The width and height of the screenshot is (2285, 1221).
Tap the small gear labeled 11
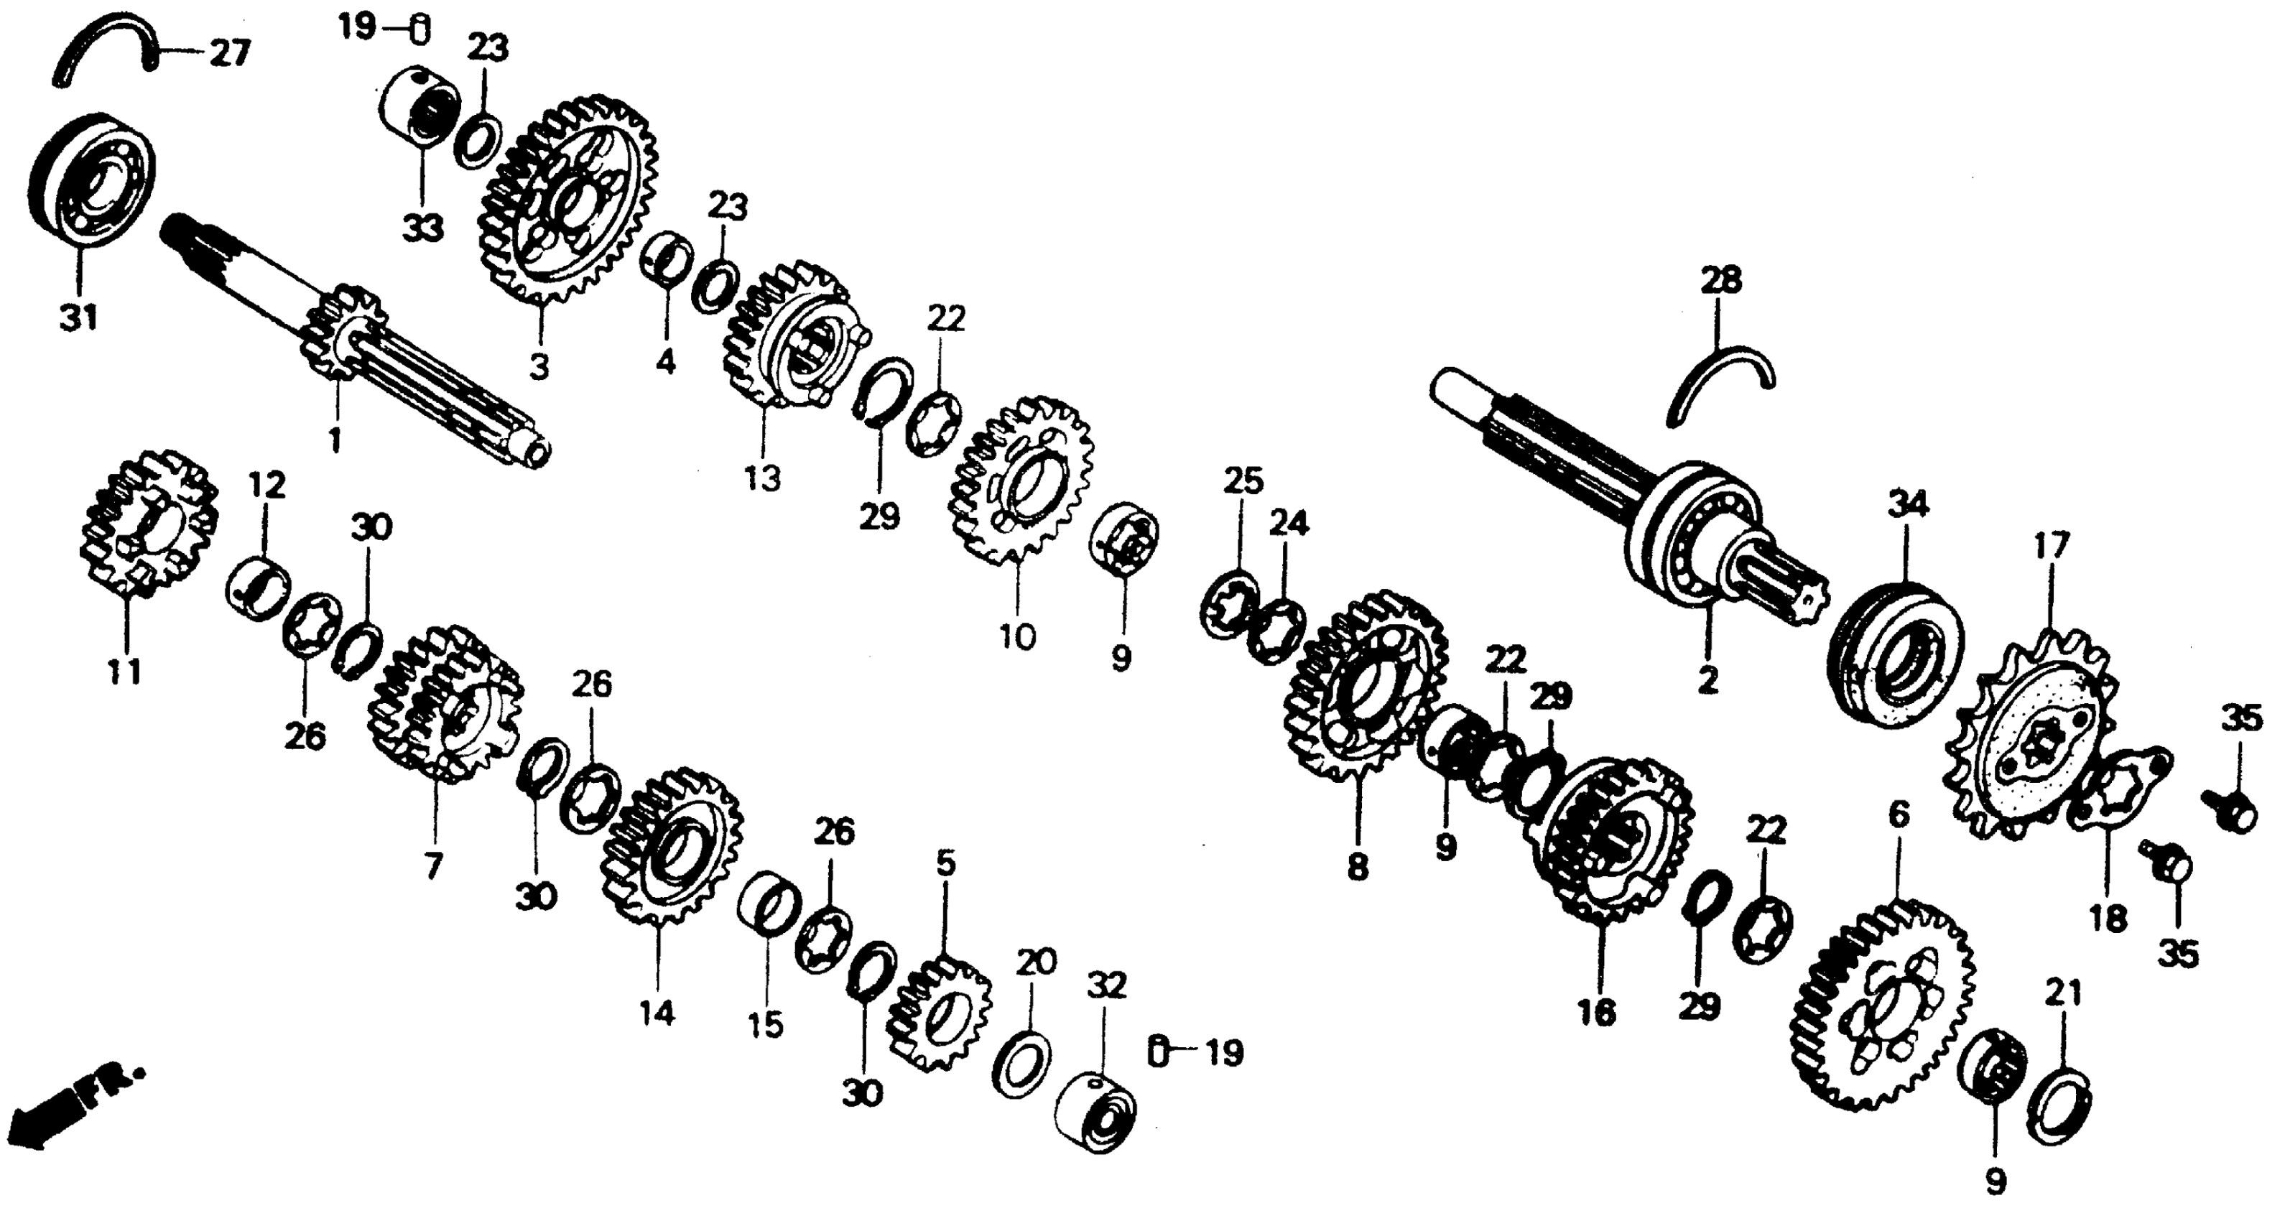tap(147, 523)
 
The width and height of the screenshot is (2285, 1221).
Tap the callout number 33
tap(422, 230)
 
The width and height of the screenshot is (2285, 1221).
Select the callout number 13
tap(762, 479)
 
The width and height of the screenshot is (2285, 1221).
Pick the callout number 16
tap(1598, 1012)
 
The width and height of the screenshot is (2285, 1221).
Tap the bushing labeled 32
tap(1095, 1112)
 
